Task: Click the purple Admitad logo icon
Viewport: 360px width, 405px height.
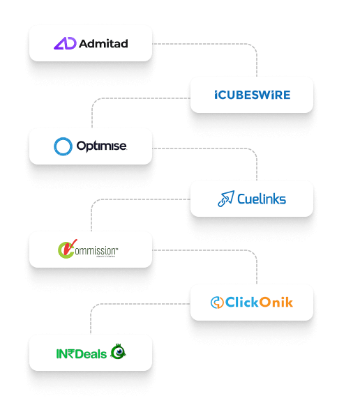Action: pyautogui.click(x=64, y=43)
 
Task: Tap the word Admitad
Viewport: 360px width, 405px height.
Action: pyautogui.click(x=103, y=43)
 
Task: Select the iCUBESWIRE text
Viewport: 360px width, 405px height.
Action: pyautogui.click(x=252, y=95)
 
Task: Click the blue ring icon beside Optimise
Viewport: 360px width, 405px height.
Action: pyautogui.click(x=63, y=146)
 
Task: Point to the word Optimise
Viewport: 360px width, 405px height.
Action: pyautogui.click(x=103, y=146)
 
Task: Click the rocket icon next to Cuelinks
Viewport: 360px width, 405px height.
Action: pyautogui.click(x=225, y=199)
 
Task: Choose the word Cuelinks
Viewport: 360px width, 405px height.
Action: pyautogui.click(x=261, y=199)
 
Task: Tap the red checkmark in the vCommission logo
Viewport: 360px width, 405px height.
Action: pyautogui.click(x=65, y=248)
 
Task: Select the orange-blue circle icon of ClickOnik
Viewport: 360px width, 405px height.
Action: pyautogui.click(x=217, y=303)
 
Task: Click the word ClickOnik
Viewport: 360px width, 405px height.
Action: pyautogui.click(x=260, y=303)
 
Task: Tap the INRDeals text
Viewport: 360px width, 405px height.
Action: pyautogui.click(x=82, y=353)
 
